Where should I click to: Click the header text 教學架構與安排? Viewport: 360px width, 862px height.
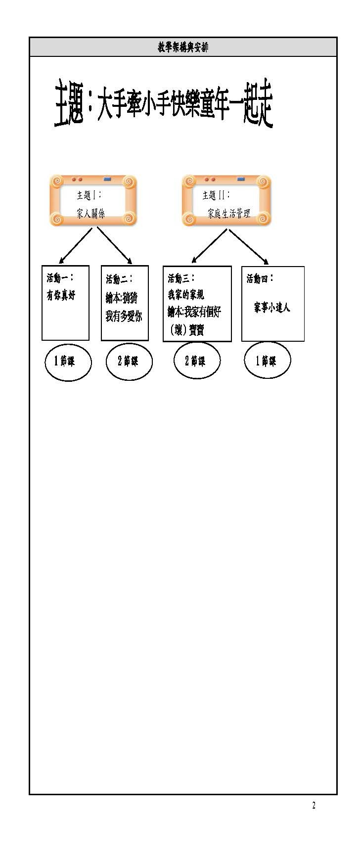(183, 47)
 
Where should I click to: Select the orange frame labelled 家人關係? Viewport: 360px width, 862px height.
(93, 201)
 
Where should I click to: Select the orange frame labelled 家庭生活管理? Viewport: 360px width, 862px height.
(226, 201)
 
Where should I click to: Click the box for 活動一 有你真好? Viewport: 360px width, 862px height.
(65, 303)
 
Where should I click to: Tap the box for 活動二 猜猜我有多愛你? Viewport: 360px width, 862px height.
(125, 303)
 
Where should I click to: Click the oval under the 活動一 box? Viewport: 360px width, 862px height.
(68, 362)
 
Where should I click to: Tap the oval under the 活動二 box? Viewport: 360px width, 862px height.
(129, 362)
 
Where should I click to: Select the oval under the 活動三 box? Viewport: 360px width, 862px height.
(196, 361)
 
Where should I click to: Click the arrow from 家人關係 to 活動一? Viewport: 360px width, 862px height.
(76, 245)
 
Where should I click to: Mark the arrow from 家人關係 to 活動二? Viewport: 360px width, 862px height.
(114, 245)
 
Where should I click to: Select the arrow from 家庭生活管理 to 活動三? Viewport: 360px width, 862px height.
(209, 245)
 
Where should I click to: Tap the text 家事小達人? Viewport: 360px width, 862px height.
(271, 308)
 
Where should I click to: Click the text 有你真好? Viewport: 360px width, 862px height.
(61, 296)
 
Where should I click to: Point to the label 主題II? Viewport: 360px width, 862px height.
(216, 195)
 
